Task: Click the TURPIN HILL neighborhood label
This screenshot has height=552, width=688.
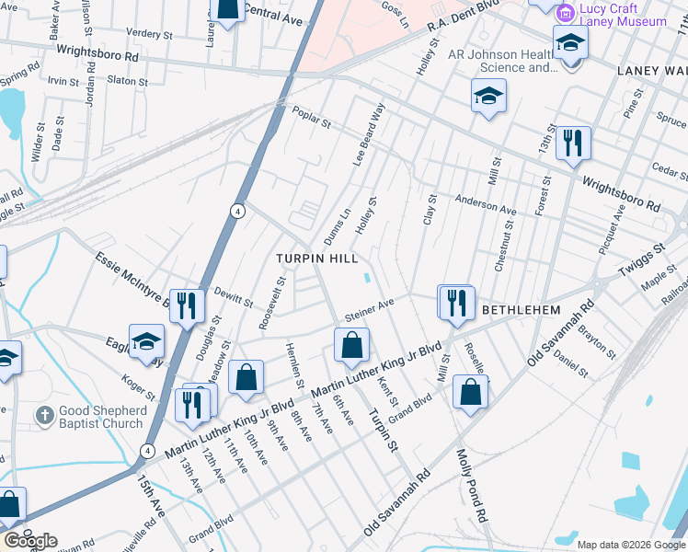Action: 317,259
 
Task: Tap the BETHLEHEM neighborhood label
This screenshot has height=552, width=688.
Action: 522,311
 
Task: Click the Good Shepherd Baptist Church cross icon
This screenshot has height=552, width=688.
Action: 43,415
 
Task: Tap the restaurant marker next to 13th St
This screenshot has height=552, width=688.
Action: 572,143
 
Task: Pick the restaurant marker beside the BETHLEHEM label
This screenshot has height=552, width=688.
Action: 455,302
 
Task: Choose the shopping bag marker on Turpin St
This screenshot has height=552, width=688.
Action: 350,347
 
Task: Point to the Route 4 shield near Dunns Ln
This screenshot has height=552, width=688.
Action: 237,211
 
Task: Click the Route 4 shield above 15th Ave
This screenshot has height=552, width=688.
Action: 147,450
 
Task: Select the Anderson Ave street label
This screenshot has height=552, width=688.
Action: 486,208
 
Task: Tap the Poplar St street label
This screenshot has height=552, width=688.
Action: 311,118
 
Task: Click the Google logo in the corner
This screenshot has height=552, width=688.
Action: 29,541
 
